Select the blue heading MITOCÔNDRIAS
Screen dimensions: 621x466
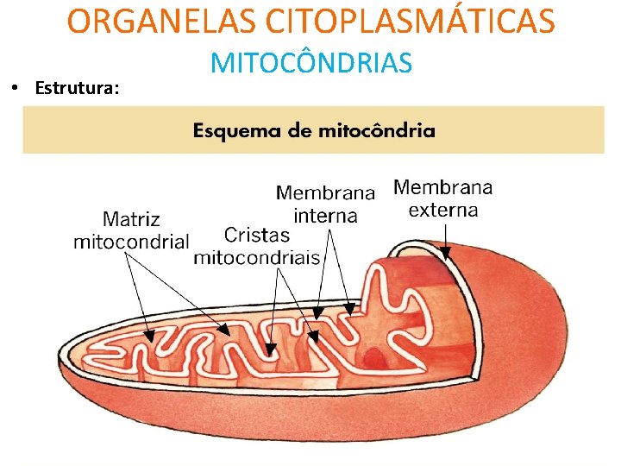coord(311,63)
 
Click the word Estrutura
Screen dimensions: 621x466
coord(78,88)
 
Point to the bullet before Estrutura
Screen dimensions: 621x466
coord(15,88)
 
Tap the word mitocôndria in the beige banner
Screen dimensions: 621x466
coord(377,131)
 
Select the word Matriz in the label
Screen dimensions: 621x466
coord(131,219)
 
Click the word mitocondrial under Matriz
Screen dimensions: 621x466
coord(131,242)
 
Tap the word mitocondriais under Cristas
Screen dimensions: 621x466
coord(257,257)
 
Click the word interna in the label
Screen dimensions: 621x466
coord(325,215)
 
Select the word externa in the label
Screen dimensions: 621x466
coord(443,210)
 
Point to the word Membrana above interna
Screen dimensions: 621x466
coord(325,192)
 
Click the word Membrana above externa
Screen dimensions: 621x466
coord(443,187)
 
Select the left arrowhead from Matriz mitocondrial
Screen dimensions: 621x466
coord(148,337)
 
